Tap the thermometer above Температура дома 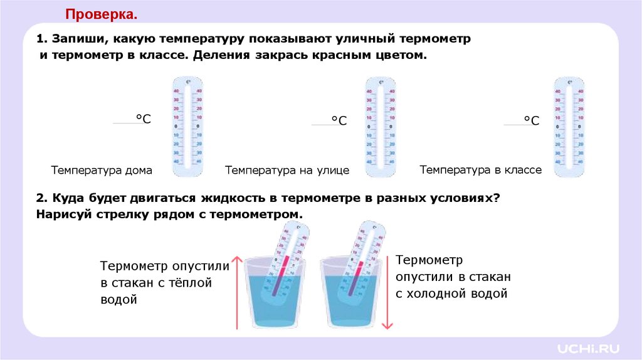tap(187, 122)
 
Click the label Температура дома tap(102, 171)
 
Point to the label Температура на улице tap(287, 171)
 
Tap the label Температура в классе tap(480, 170)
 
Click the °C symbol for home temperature tap(144, 119)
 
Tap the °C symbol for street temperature tap(339, 120)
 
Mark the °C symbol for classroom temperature tap(531, 120)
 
